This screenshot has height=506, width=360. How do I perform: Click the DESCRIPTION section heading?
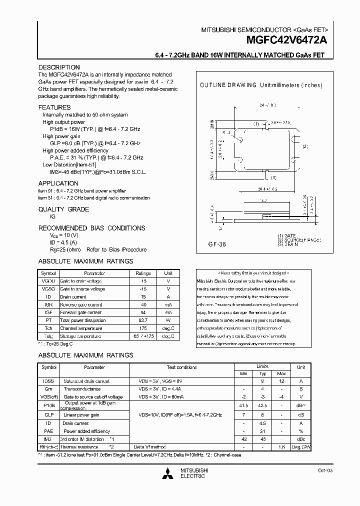(59, 67)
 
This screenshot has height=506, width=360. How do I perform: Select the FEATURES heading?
(54, 107)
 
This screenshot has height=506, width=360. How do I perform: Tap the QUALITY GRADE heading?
(63, 209)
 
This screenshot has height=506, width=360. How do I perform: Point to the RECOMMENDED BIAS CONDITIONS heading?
(92, 228)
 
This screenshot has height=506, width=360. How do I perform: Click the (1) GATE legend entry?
(287, 235)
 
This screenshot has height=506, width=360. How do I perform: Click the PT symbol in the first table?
(49, 320)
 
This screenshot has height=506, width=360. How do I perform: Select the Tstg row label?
(49, 336)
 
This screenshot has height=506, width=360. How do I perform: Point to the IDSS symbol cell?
(49, 381)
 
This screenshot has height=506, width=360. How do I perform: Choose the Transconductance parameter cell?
(82, 388)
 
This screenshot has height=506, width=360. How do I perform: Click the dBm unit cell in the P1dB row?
(301, 405)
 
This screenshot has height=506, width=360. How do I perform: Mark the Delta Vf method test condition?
(149, 446)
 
